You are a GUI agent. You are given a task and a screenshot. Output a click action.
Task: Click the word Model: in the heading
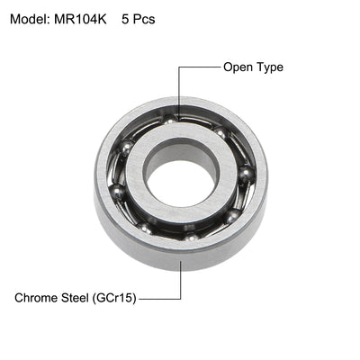pos(35,18)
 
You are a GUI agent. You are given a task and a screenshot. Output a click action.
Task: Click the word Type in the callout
pos(270,67)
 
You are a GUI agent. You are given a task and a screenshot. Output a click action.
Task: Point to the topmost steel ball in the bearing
pos(169,120)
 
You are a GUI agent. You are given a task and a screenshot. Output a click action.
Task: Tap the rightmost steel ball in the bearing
pos(246,175)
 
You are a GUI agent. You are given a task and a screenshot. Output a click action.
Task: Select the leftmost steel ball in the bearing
pos(118,190)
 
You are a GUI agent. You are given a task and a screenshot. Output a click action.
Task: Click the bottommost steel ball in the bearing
pos(191,238)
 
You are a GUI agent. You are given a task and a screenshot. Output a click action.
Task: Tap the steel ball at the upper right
pos(220,134)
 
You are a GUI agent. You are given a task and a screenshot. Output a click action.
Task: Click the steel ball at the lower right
pos(232,216)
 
